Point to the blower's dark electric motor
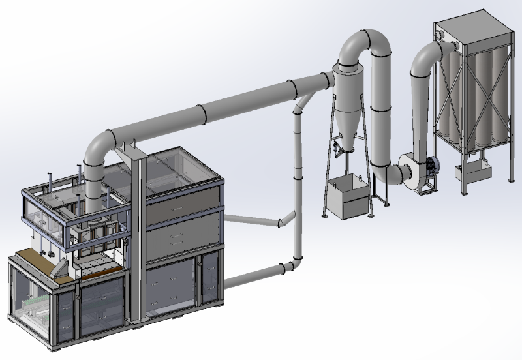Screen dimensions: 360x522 click(x=431, y=167)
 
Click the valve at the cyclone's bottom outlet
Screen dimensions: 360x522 click(x=336, y=149)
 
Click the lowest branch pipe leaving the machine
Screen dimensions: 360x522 click(x=254, y=275)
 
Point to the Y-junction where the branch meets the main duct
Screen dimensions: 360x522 click(x=301, y=104)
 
